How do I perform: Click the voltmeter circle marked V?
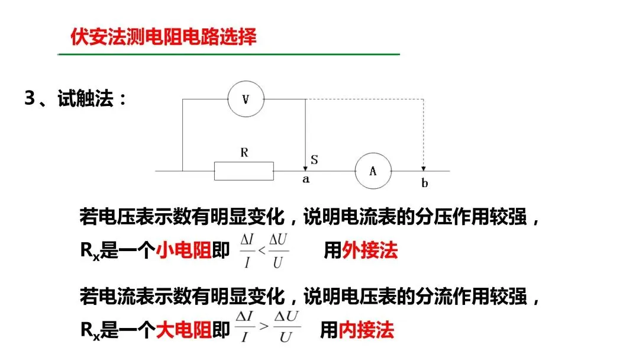click(246, 99)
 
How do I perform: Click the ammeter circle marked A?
click(373, 171)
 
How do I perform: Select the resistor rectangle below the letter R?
click(244, 171)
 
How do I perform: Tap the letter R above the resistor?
click(244, 153)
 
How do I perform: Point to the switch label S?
click(314, 159)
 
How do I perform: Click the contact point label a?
click(306, 179)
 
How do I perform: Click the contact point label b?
click(424, 183)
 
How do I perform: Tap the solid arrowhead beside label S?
click(305, 168)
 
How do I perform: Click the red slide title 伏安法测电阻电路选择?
click(163, 37)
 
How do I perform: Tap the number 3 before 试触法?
click(29, 99)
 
